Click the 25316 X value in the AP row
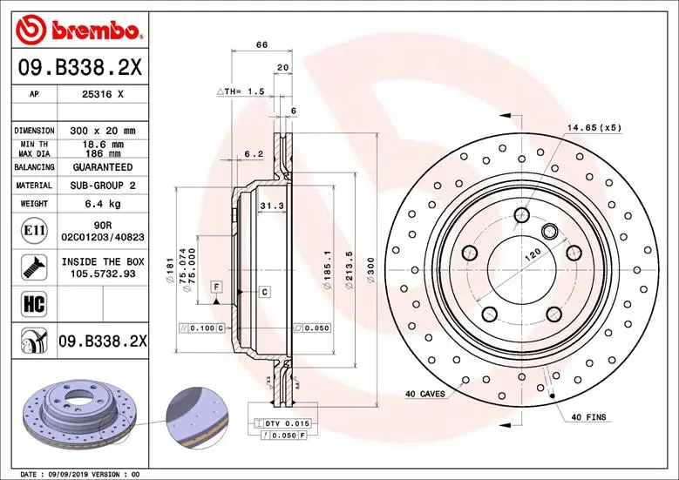pos(104,94)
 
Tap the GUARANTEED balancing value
pos(103,166)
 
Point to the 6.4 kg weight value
pos(103,204)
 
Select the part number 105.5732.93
pos(103,273)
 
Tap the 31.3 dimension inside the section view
pos(270,205)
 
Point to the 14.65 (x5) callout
pos(594,128)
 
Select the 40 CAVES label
pos(424,394)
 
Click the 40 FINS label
pos(588,418)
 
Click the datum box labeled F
pos(215,286)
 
